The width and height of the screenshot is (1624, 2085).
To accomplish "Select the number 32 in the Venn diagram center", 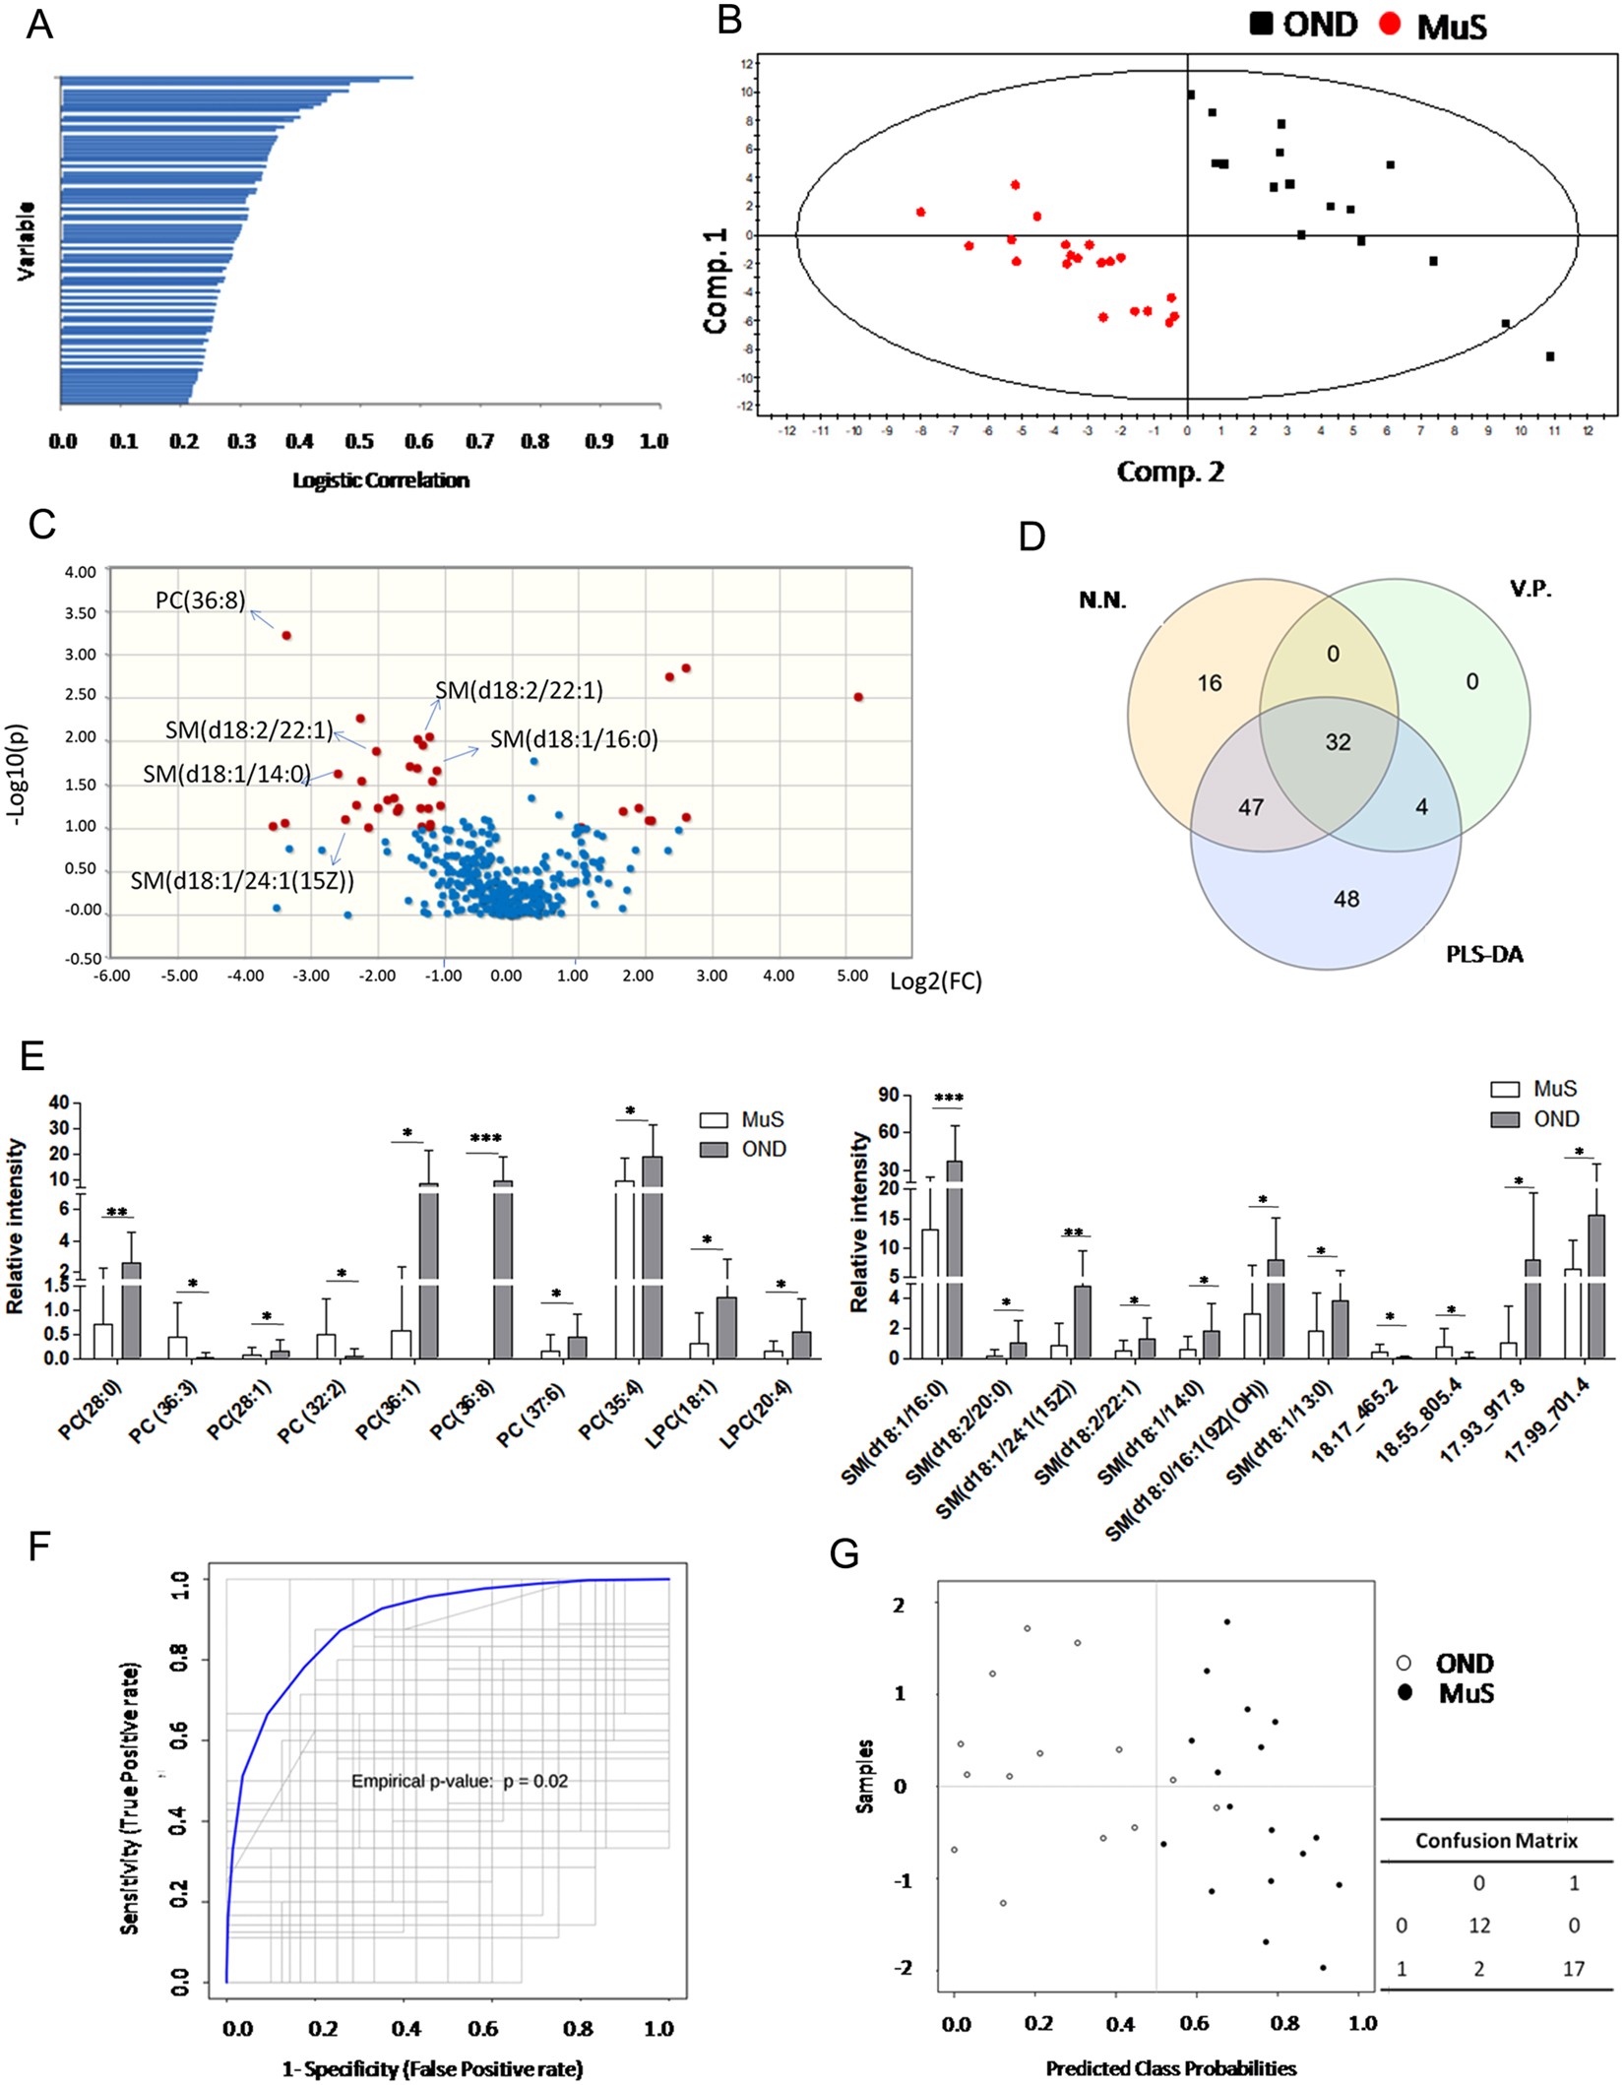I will pos(1338,742).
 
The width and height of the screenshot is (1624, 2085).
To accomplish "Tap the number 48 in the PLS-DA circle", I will pos(1346,899).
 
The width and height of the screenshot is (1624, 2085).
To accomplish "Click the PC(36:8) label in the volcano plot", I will pos(200,600).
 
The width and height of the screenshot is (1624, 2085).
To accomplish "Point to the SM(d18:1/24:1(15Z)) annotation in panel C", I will pos(242,880).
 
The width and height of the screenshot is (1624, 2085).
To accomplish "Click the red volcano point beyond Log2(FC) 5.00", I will pos(858,697).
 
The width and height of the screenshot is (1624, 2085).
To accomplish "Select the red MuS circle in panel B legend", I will pos(1390,24).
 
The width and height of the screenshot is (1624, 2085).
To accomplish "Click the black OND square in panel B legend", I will pos(1261,24).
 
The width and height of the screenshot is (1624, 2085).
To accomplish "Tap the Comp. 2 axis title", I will pos(1170,472).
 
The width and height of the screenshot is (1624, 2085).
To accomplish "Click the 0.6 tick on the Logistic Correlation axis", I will pos(420,441).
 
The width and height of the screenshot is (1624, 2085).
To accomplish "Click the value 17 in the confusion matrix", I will pos(1573,1969).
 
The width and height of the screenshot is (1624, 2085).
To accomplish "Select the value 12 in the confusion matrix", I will pos(1479,1926).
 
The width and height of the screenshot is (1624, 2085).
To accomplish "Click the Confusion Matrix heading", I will pos(1496,1841).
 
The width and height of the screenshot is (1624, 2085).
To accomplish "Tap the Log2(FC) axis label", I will pos(935,981).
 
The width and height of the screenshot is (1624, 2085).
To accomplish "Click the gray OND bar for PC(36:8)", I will pos(502,1270).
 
